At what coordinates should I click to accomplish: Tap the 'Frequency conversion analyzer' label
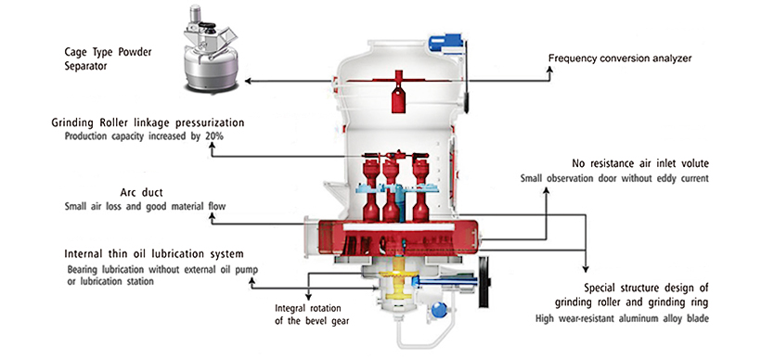pos(617,58)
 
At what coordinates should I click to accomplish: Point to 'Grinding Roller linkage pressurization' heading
pos(148,122)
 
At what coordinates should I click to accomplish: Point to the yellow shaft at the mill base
pos(397,278)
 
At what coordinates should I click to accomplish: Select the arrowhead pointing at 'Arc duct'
pos(213,220)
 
